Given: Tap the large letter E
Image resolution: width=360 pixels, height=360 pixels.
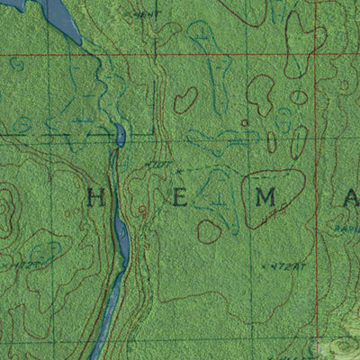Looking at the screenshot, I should (180, 198).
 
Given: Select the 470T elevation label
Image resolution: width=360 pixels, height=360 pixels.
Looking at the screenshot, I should (158, 165).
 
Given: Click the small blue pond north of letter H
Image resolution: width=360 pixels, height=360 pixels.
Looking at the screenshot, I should (120, 136).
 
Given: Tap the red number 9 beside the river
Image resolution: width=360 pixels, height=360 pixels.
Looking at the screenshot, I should (141, 210).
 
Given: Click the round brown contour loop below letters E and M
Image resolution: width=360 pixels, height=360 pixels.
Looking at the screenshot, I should (210, 230).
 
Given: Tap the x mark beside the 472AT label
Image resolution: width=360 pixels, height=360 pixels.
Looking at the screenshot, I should (262, 266).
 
